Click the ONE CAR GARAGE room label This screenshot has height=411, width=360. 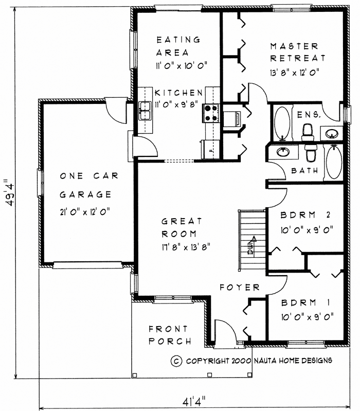click(89, 185)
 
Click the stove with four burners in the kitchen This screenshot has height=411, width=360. click(211, 113)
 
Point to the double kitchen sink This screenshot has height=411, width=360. click(145, 111)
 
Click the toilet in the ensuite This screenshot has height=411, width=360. click(308, 133)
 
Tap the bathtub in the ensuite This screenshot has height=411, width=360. click(282, 122)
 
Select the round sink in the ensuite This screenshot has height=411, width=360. click(331, 134)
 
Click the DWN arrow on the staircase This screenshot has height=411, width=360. click(251, 245)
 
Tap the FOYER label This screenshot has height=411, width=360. click(240, 287)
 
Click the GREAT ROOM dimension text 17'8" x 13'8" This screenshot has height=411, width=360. click(186, 247)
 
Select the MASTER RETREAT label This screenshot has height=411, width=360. click(298, 52)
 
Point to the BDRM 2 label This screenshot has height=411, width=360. click(305, 215)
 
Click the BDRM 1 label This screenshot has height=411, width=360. click(305, 302)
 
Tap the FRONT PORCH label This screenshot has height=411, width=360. click(170, 335)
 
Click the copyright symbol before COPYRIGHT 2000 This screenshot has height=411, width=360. click(176, 361)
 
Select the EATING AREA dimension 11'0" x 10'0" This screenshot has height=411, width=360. click(182, 65)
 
